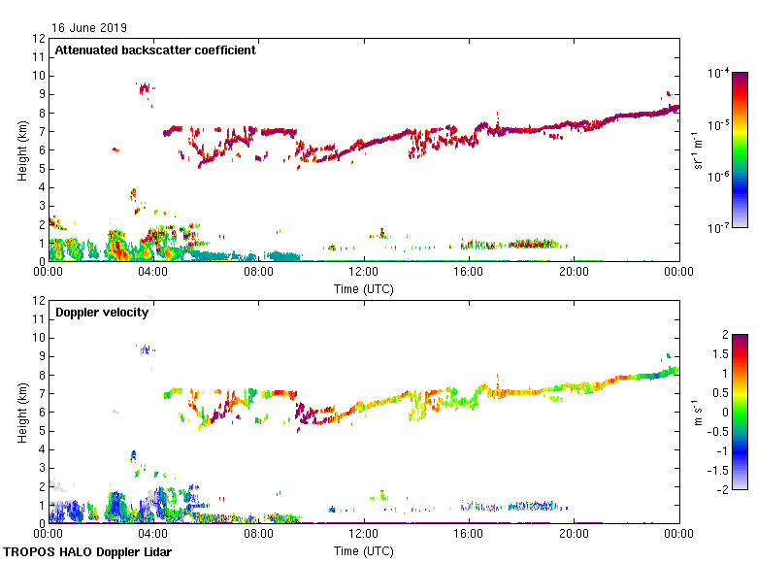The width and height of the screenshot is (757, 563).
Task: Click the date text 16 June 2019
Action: pos(89,28)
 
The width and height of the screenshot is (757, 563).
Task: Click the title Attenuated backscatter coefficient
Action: pos(155,50)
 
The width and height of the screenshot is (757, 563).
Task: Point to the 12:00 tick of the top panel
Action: pos(364,271)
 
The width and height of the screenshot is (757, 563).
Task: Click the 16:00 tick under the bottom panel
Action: pos(469,533)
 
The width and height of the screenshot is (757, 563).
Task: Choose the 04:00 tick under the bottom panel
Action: pos(153,533)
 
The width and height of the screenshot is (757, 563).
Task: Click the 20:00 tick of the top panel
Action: pos(574,271)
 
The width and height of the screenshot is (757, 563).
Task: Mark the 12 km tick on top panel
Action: pos(40,39)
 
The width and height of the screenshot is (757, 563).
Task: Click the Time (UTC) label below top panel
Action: pos(364,288)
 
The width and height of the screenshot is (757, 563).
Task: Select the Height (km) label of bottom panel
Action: pos(22,412)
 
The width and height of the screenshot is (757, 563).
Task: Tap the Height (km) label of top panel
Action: pos(22,149)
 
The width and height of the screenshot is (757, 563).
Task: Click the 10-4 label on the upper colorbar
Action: pos(719,72)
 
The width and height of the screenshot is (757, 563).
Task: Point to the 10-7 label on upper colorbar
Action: pos(719,228)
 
